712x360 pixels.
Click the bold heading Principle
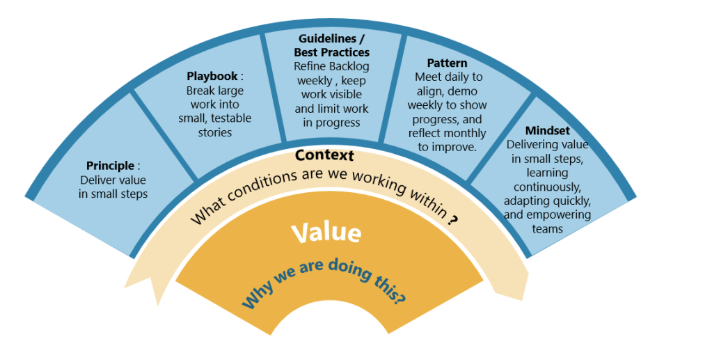point(111,166)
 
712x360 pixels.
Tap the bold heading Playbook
point(212,76)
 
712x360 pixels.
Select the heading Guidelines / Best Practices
point(331,45)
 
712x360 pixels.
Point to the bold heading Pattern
point(447,63)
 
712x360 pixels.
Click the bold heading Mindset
point(547,130)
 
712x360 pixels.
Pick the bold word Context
point(324,155)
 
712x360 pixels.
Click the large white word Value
point(326,233)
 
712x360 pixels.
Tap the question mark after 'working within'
point(452,220)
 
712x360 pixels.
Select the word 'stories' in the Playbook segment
point(215,133)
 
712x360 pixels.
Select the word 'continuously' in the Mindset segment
point(547,187)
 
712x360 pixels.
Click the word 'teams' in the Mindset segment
point(547,229)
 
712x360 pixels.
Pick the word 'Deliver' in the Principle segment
point(97,180)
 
